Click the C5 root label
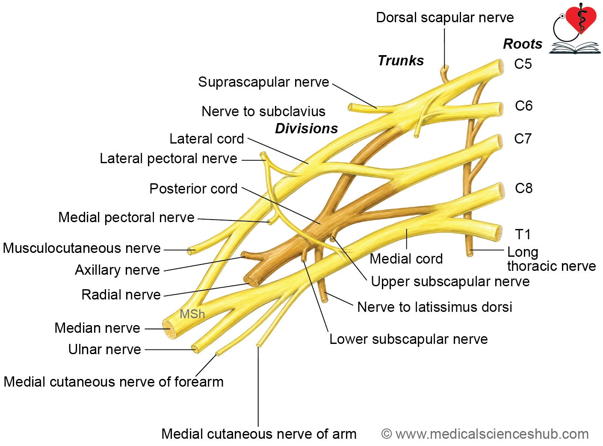523,64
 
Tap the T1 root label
522,234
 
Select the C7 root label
523,138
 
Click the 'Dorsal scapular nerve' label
445,18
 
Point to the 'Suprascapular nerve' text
263,82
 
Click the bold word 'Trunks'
401,60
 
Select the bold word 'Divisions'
306,129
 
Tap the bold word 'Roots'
523,44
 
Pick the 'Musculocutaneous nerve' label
82,248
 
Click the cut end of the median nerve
169,329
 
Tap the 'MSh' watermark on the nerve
192,314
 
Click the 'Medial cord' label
406,258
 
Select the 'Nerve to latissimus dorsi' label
435,307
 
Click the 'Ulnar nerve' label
105,349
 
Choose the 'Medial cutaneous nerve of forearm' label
114,381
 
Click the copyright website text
485,434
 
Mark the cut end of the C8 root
500,190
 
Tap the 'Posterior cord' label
194,188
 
